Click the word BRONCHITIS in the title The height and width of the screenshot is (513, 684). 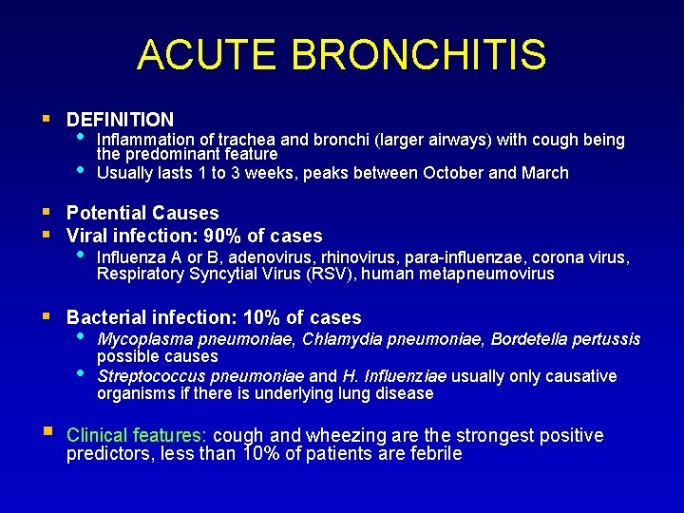pyautogui.click(x=419, y=55)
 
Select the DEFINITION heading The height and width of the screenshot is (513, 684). pyautogui.click(x=120, y=120)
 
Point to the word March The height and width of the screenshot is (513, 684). pyautogui.click(x=544, y=173)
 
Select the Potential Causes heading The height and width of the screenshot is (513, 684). pyautogui.click(x=142, y=213)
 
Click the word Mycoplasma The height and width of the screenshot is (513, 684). pyautogui.click(x=140, y=339)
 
